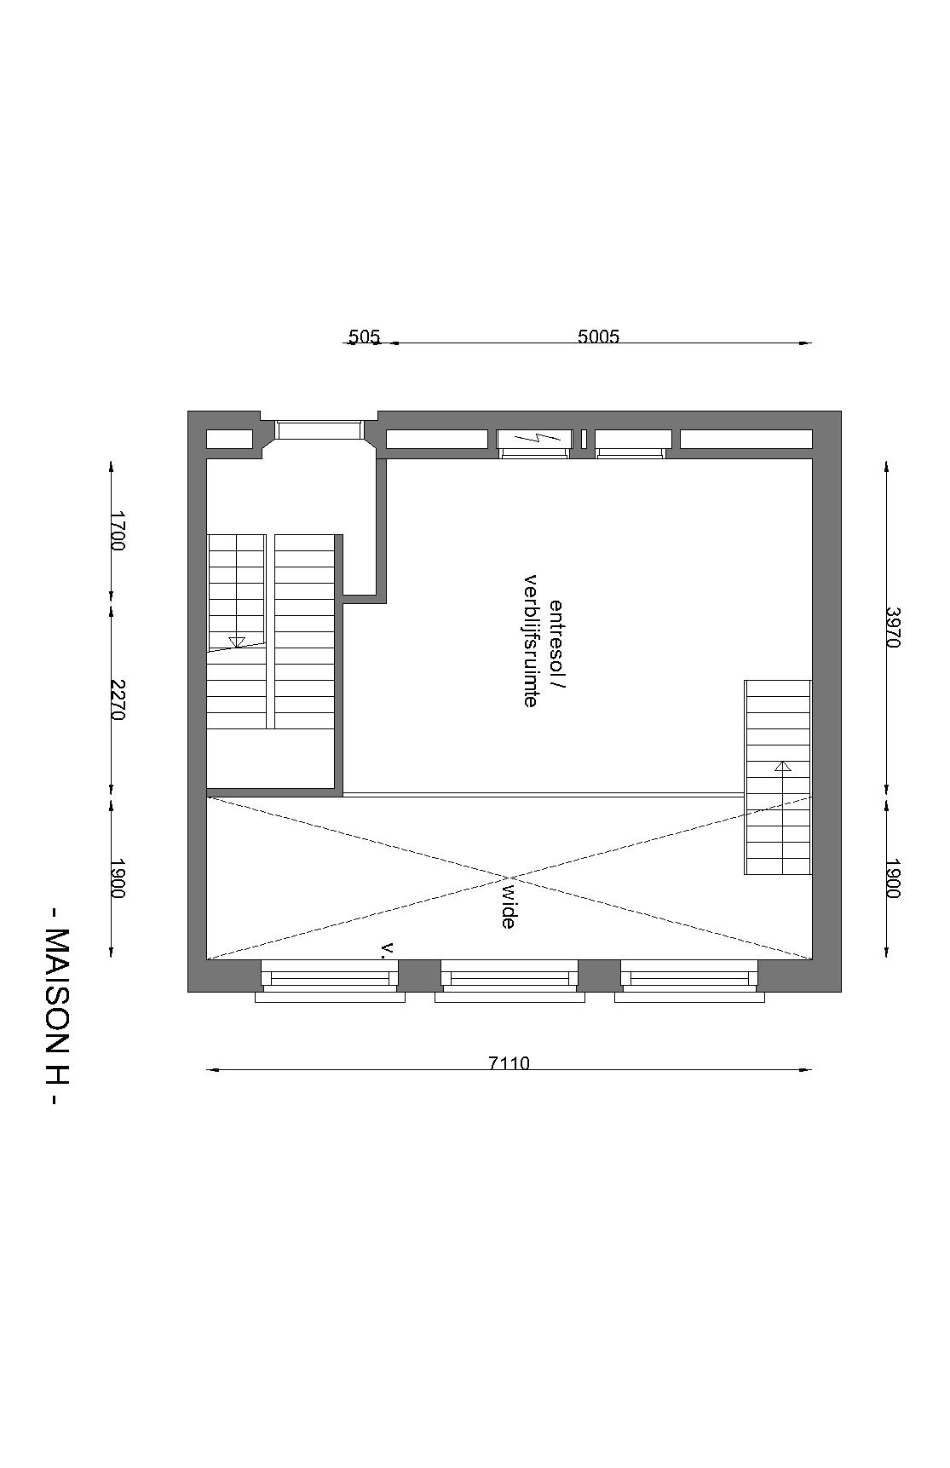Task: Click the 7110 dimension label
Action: pos(509,1062)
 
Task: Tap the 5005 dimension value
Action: pos(598,336)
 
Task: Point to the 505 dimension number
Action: pos(364,336)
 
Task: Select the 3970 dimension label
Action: pos(893,627)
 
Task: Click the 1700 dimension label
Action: pos(118,530)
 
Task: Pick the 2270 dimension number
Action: pos(118,699)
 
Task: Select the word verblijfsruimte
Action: pos(530,642)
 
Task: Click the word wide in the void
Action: pos(509,906)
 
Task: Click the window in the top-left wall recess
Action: pos(319,429)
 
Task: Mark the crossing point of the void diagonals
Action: pos(510,878)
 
